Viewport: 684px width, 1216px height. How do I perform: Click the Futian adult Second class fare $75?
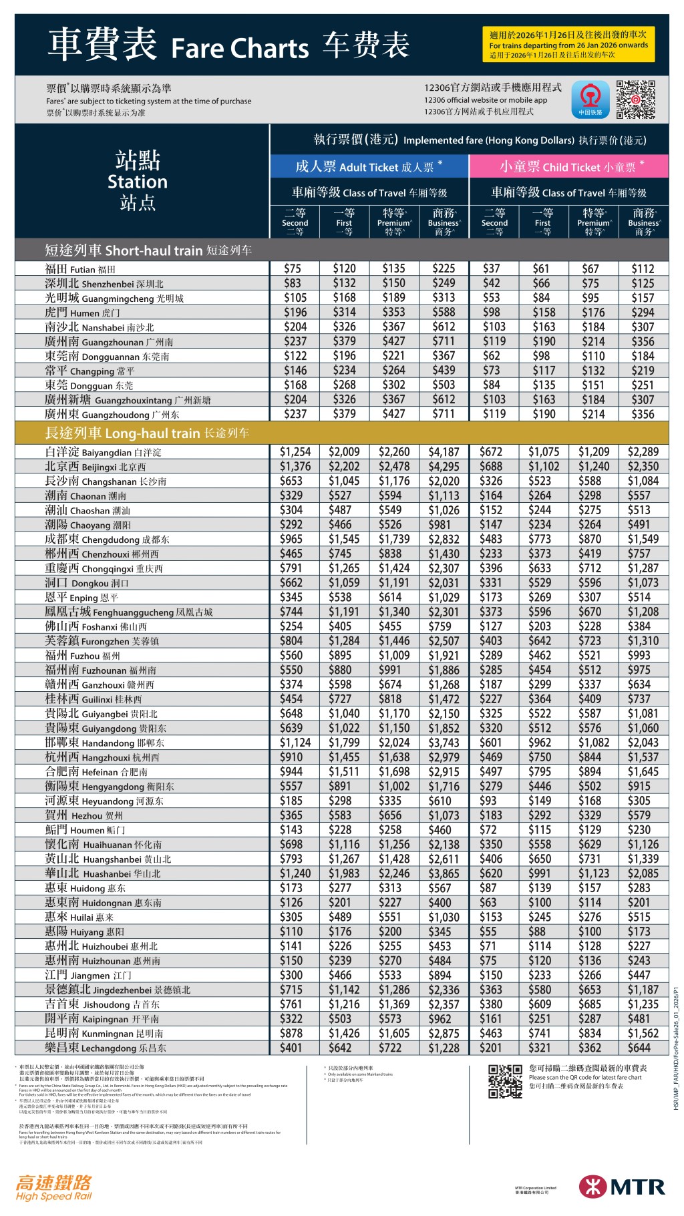(293, 268)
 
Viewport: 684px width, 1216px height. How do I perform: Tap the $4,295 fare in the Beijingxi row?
(444, 467)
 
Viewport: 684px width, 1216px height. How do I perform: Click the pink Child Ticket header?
(568, 167)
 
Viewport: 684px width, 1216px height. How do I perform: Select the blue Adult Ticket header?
(369, 167)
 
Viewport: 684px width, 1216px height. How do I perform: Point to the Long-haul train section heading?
(147, 433)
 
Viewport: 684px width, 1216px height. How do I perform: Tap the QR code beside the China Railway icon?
(635, 99)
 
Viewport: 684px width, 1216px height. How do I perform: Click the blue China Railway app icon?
(590, 99)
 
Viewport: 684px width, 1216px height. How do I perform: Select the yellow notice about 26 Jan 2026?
(568, 45)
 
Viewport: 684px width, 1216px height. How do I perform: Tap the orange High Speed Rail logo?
(53, 1187)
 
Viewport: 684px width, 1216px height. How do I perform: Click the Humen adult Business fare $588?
(444, 312)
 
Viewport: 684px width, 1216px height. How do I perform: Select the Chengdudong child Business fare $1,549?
(643, 539)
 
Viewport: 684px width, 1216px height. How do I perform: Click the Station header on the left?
(138, 181)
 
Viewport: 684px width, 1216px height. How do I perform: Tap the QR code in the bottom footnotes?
(504, 1081)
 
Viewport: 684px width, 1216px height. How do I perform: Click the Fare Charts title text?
(239, 49)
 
